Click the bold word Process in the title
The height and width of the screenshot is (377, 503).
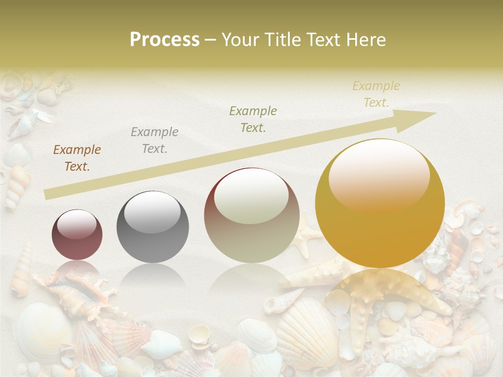165,40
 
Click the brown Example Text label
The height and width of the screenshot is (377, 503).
77,158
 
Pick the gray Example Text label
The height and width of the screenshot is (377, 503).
154,140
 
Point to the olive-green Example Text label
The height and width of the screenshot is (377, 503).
253,119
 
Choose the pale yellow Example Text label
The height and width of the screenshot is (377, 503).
376,94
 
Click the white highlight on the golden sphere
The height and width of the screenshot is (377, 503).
379,174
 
